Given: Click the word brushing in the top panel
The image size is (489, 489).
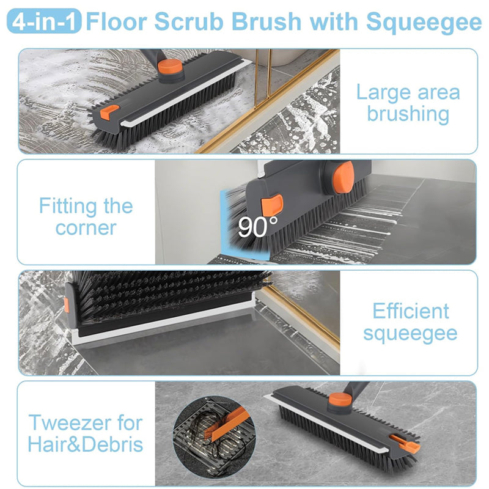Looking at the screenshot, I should click(x=408, y=113).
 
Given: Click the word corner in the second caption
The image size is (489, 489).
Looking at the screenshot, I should click(x=86, y=227).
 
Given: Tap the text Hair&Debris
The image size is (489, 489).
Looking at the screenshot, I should click(x=86, y=444).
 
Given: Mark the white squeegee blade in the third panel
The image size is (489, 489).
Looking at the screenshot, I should click(x=165, y=320).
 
